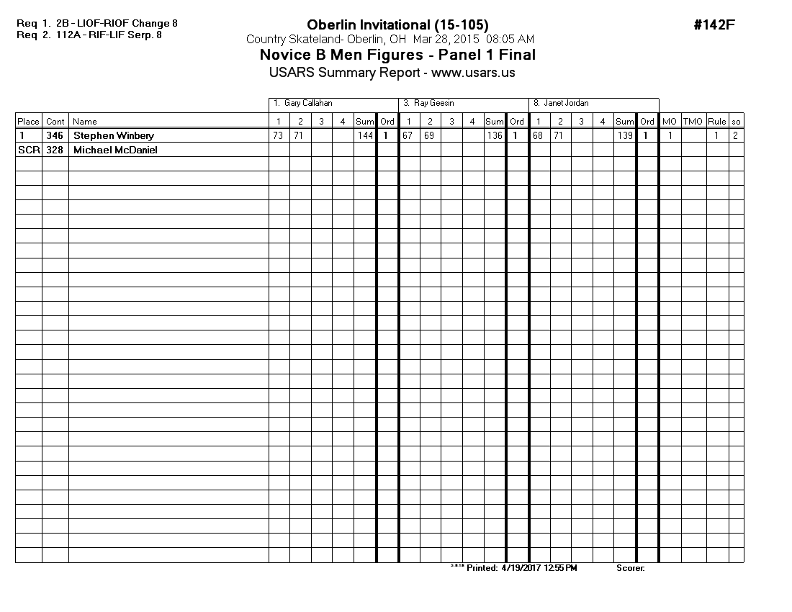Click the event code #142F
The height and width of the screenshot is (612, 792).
pyautogui.click(x=714, y=25)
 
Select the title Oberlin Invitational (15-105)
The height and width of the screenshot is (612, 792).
pyautogui.click(x=392, y=25)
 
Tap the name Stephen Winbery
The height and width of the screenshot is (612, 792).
pyautogui.click(x=114, y=135)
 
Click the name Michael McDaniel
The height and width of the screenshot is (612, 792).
pyautogui.click(x=115, y=150)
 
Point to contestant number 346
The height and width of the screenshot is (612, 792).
pyautogui.click(x=55, y=135)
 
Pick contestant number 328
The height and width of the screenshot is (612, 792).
pyautogui.click(x=55, y=150)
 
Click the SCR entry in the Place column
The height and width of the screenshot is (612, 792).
pyautogui.click(x=28, y=150)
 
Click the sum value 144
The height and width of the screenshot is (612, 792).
pyautogui.click(x=365, y=135)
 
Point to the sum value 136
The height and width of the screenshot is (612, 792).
pyautogui.click(x=495, y=135)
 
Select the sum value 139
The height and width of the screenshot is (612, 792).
pyautogui.click(x=624, y=135)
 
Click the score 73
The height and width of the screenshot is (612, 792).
pyautogui.click(x=278, y=135)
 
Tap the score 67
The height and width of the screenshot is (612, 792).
pyautogui.click(x=408, y=135)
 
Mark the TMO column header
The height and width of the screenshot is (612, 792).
pyautogui.click(x=693, y=122)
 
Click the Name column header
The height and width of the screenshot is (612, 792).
pyautogui.click(x=85, y=122)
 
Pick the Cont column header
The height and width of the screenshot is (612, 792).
pyautogui.click(x=55, y=122)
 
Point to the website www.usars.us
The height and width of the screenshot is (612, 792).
pyautogui.click(x=473, y=73)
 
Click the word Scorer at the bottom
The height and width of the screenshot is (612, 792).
pyautogui.click(x=630, y=568)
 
